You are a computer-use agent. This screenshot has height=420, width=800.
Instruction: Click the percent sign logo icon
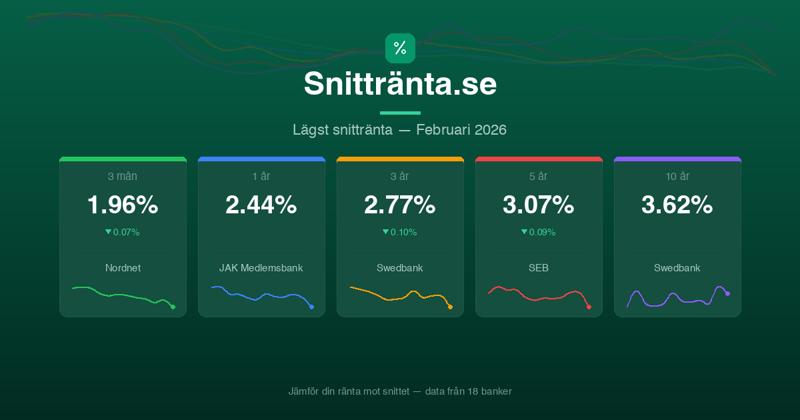click(x=400, y=48)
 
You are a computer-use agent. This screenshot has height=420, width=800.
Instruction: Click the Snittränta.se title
click(x=400, y=84)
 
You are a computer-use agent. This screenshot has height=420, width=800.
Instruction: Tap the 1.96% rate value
click(x=123, y=205)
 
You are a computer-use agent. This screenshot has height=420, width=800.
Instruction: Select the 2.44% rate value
click(x=261, y=205)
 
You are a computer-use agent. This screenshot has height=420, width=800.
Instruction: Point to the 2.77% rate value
click(x=400, y=205)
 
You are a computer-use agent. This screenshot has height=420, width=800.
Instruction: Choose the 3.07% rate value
click(x=539, y=205)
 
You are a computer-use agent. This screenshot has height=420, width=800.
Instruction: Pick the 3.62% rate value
click(x=677, y=205)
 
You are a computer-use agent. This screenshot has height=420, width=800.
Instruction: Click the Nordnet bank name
click(x=123, y=268)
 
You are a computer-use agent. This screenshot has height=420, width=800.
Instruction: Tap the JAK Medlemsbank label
click(x=261, y=268)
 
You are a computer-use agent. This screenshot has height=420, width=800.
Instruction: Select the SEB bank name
click(x=539, y=268)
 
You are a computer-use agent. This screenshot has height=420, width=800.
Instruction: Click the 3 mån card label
click(x=123, y=176)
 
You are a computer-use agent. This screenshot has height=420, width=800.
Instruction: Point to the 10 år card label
click(x=677, y=176)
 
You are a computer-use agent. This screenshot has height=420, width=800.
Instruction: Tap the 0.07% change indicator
click(x=123, y=232)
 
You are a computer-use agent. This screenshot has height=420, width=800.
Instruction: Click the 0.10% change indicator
click(x=400, y=232)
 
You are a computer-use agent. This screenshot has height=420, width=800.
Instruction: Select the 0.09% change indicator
click(x=539, y=232)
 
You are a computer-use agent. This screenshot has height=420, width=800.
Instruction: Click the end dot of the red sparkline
click(x=589, y=307)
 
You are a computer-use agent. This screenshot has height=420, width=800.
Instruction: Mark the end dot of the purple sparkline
click(x=727, y=293)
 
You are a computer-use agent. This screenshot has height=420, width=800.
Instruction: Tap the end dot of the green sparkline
click(x=173, y=307)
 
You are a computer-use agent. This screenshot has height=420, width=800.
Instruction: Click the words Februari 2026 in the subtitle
click(x=461, y=129)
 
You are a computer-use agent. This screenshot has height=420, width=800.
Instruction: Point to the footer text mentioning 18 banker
click(x=400, y=391)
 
